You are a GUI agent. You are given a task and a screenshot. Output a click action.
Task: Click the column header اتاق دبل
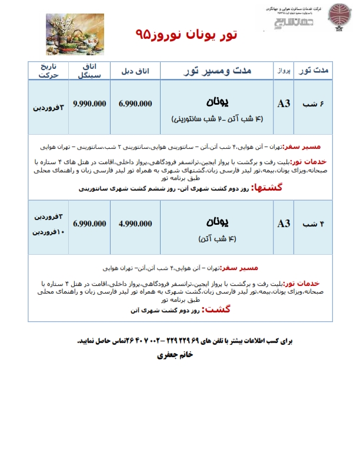pyautogui.click(x=135, y=71)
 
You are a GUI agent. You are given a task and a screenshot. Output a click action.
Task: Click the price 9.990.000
pyautogui.click(x=89, y=104)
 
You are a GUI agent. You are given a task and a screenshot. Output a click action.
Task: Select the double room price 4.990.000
pyautogui.click(x=135, y=224)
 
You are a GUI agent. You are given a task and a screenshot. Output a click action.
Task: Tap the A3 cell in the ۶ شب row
pyautogui.click(x=284, y=104)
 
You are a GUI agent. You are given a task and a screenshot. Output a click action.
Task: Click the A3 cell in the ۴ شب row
pyautogui.click(x=284, y=224)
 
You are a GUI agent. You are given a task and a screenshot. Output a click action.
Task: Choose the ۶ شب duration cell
pyautogui.click(x=313, y=104)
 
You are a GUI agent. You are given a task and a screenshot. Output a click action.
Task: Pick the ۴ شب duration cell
pyautogui.click(x=313, y=224)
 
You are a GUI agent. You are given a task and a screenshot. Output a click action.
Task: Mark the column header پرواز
pyautogui.click(x=284, y=71)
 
